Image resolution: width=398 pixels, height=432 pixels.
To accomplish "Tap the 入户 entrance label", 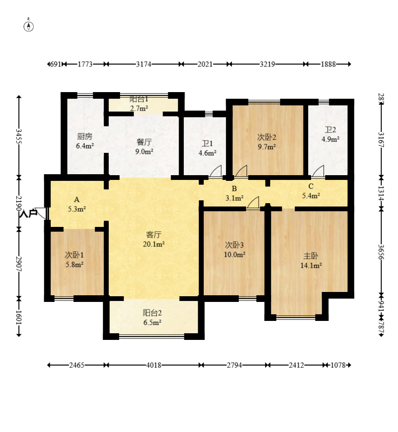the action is click(28, 213).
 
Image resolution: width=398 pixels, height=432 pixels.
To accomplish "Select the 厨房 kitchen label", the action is click(85, 136).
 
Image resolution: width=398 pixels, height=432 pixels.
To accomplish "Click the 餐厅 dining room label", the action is click(144, 142).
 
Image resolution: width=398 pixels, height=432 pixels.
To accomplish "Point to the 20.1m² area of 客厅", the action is click(154, 244).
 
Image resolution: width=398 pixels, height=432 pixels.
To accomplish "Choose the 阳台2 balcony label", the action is click(152, 313).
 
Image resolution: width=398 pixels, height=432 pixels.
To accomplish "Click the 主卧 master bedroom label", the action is click(311, 256).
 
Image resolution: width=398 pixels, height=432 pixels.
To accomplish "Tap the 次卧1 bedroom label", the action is click(75, 255).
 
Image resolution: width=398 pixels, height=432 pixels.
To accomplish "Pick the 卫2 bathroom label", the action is click(330, 130).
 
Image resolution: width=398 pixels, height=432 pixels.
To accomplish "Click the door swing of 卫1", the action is click(216, 171).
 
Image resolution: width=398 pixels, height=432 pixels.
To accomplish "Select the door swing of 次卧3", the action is click(253, 203).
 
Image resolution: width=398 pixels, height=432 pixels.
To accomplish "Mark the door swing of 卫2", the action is click(318, 171).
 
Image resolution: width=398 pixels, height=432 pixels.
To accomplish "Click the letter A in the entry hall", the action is click(76, 199).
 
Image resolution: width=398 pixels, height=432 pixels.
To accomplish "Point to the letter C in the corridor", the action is click(311, 186).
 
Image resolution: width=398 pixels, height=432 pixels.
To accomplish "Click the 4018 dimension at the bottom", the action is click(153, 365).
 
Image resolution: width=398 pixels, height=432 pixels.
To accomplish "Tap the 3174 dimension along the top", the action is click(143, 64).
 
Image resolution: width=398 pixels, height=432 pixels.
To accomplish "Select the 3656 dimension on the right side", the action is click(381, 252).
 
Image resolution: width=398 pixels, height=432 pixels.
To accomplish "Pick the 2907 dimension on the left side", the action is click(19, 264).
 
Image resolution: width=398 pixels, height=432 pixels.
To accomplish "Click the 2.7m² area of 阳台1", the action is click(139, 109).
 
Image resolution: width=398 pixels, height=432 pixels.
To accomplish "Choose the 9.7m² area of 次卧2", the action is click(267, 147).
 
